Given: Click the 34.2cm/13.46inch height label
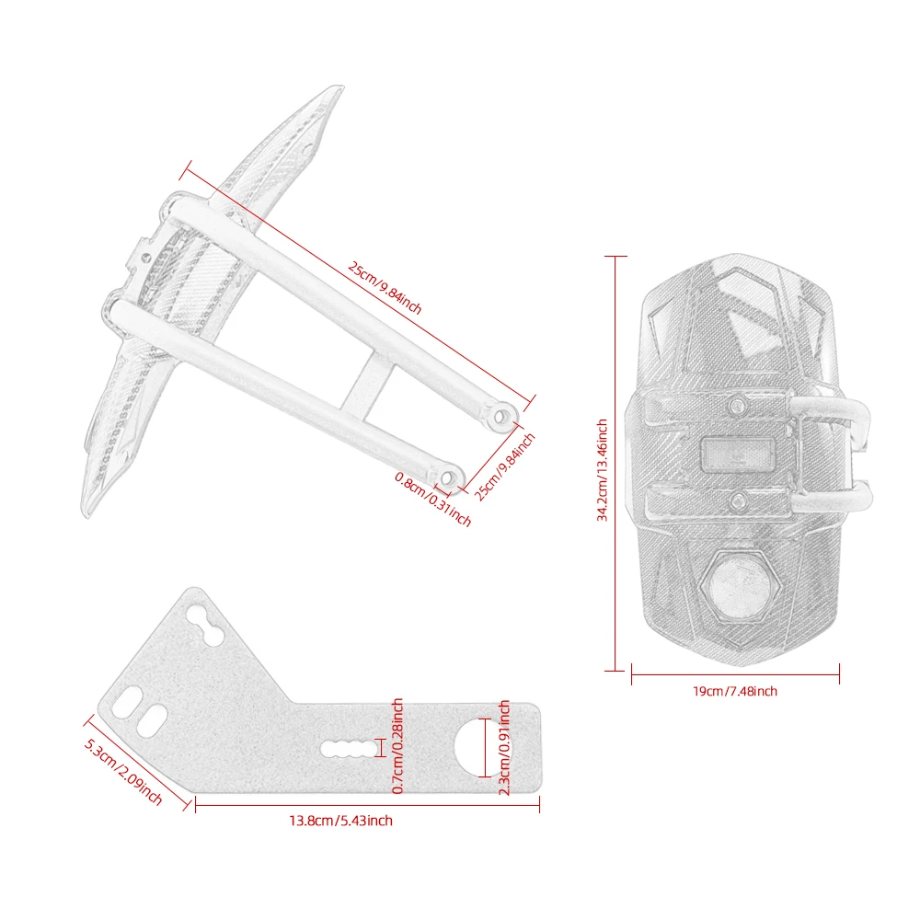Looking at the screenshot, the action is click(602, 470).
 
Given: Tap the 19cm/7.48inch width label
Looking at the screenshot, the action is click(734, 691).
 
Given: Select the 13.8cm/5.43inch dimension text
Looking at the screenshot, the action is click(341, 821).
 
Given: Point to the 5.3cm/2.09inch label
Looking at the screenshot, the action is click(123, 771).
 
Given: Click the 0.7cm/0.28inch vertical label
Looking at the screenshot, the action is click(397, 746).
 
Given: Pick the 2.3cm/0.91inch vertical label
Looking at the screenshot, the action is click(504, 747).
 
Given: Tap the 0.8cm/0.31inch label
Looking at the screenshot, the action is click(433, 500).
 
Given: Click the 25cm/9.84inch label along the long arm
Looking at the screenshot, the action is click(385, 287).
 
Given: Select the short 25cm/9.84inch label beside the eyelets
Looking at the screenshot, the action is click(504, 467).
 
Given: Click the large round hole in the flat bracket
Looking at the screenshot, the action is click(482, 747).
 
